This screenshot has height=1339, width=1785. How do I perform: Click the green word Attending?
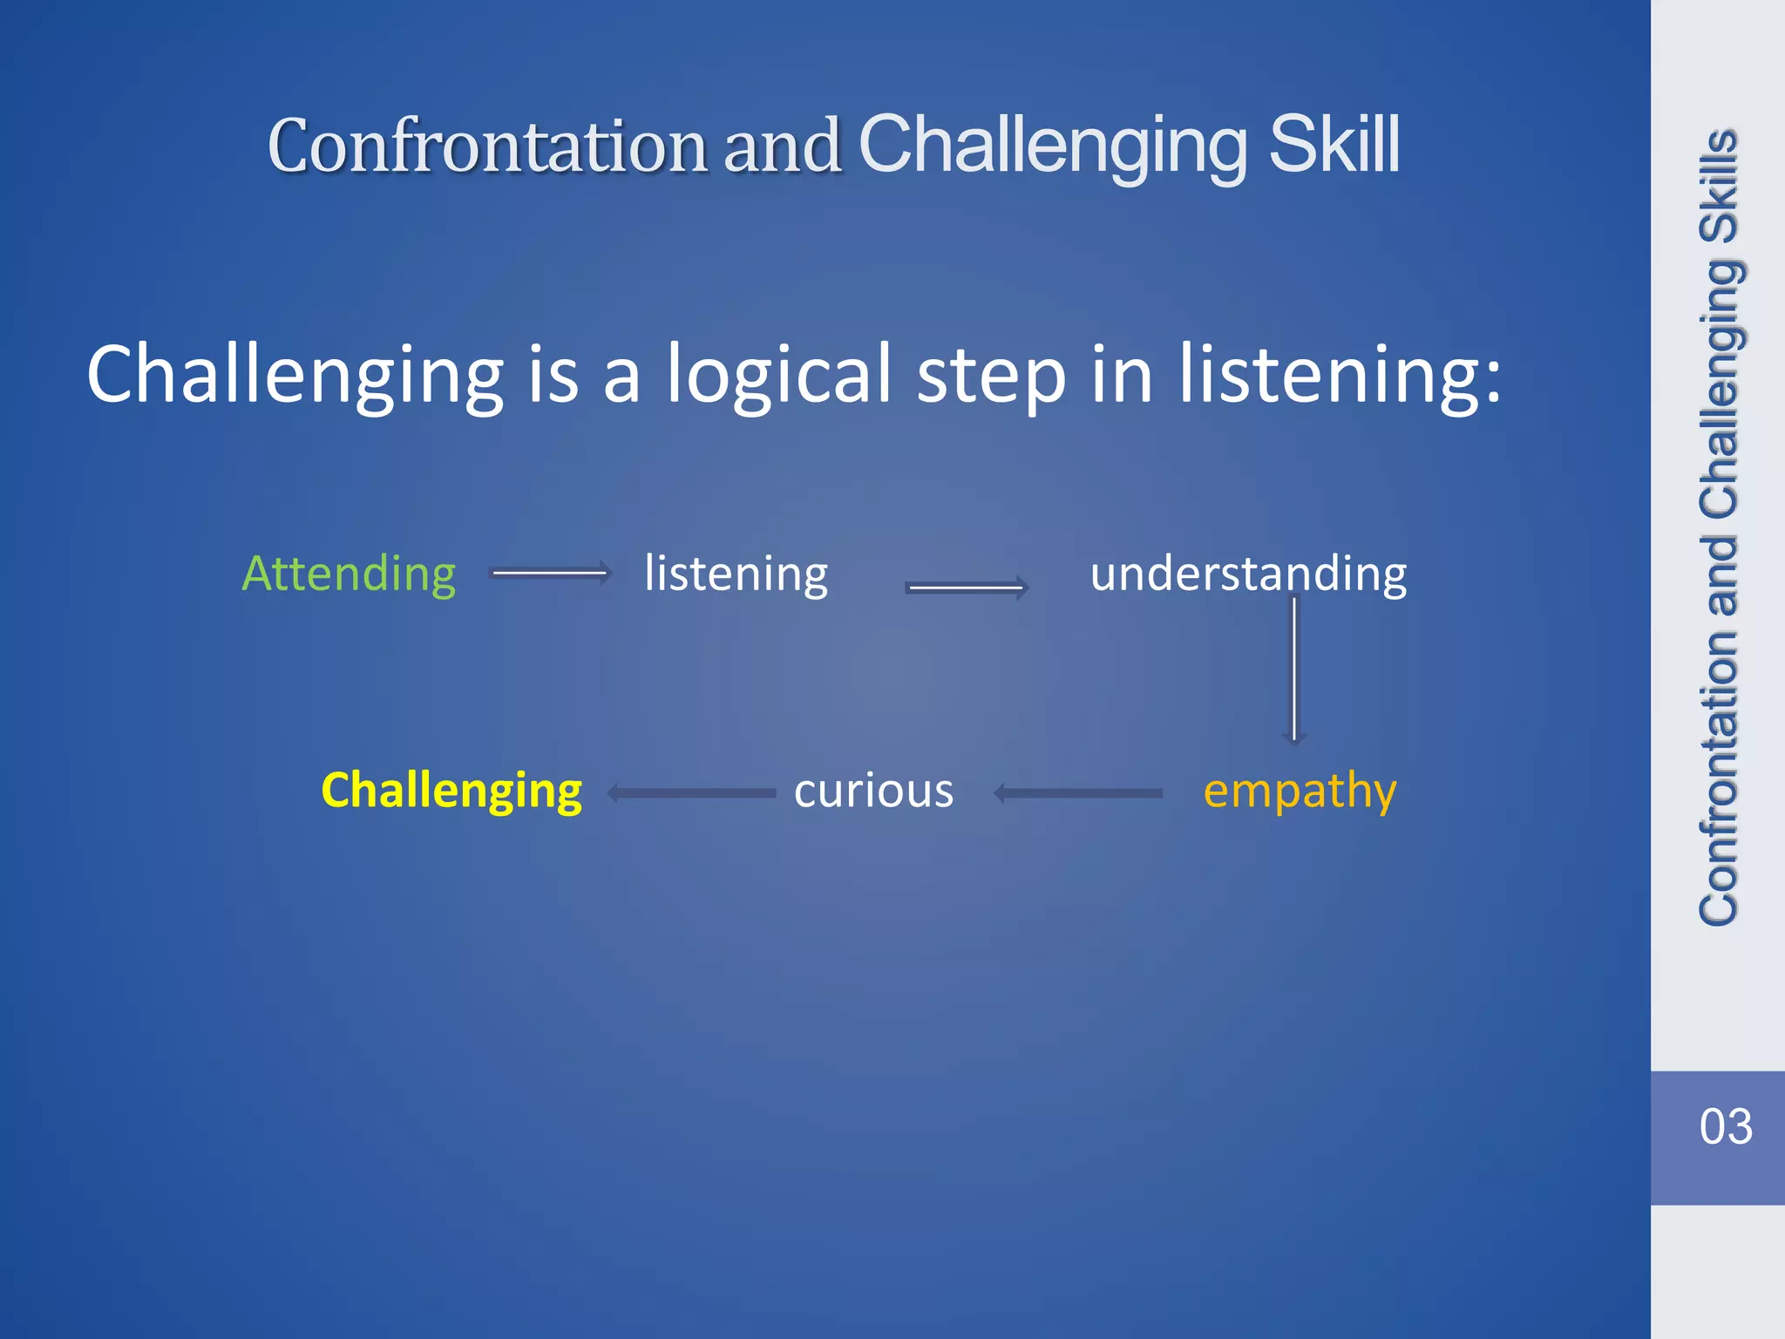[349, 574]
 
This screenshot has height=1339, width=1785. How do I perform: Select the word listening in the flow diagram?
[736, 574]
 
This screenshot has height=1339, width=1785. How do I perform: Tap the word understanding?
[1248, 574]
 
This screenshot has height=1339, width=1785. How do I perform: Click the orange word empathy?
[1300, 791]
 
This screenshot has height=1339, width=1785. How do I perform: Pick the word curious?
[873, 791]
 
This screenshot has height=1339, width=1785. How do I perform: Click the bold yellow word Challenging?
[451, 791]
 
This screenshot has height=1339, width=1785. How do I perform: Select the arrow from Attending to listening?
[551, 573]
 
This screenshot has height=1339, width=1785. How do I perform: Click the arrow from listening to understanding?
[967, 588]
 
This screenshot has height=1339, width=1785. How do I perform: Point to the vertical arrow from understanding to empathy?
[1294, 669]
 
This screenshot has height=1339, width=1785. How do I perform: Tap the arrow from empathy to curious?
[1078, 793]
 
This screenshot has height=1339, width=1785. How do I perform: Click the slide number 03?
[1725, 1126]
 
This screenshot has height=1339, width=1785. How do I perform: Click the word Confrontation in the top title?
[487, 146]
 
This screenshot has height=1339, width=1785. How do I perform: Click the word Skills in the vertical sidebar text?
[1719, 187]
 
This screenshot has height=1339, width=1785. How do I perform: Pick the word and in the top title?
[781, 146]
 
